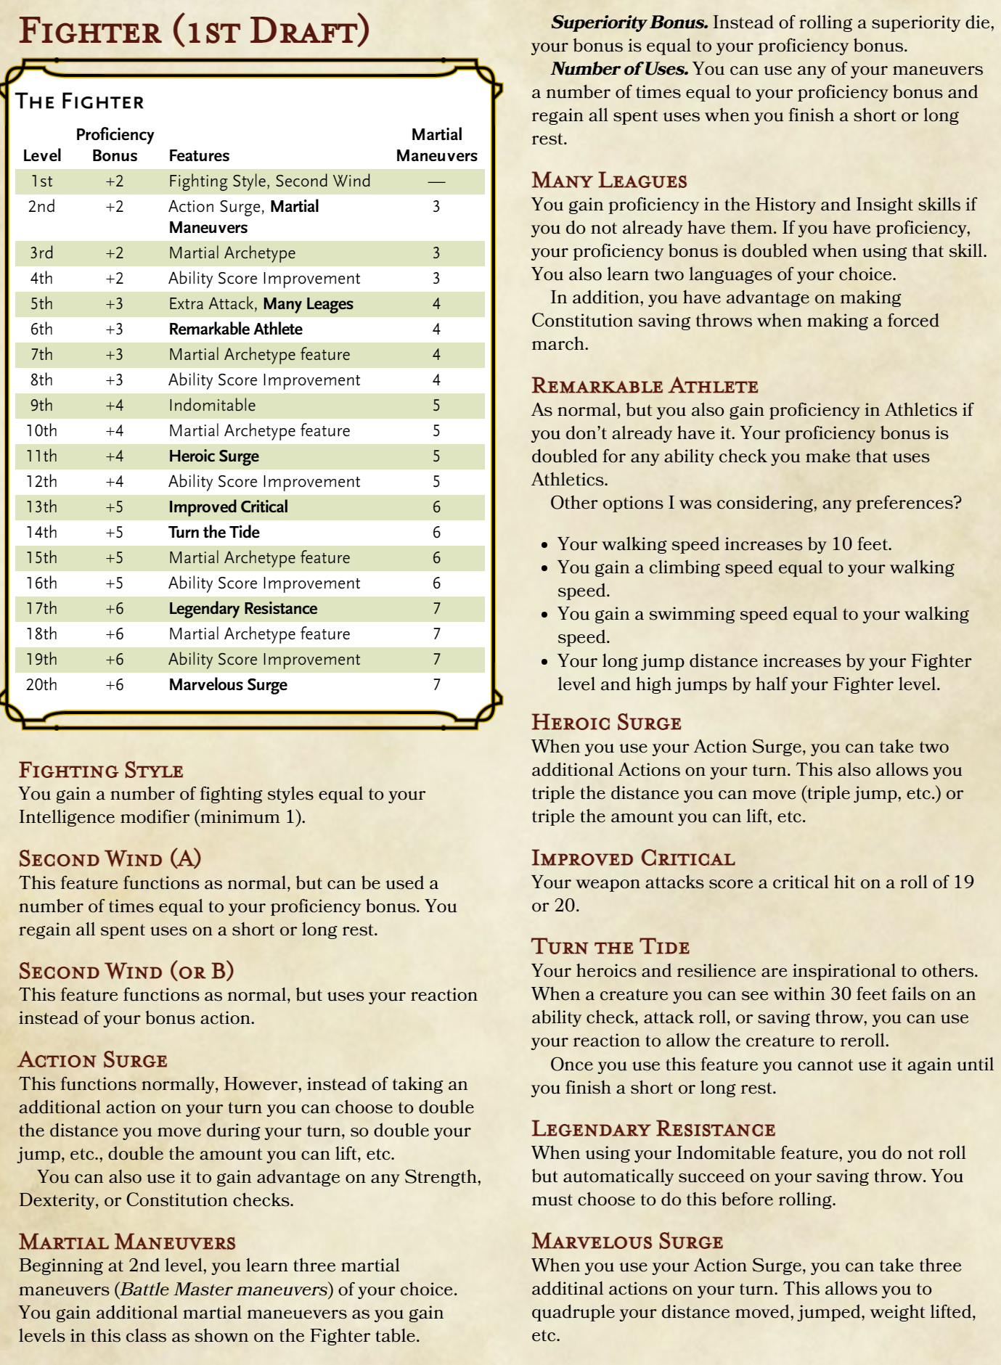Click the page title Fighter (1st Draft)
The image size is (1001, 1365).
pos(194,32)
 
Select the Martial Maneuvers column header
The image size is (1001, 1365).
pos(436,145)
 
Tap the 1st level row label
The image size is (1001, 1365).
pos(41,181)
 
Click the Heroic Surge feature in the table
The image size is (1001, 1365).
pos(213,456)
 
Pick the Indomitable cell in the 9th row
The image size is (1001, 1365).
pos(212,406)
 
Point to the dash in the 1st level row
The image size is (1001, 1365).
pos(436,181)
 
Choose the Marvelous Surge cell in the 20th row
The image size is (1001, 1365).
pos(228,685)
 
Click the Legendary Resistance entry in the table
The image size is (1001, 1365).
pos(242,609)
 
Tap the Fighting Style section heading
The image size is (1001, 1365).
pos(101,770)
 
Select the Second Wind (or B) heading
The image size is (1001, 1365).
pos(126,971)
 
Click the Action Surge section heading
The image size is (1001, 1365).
pos(93,1060)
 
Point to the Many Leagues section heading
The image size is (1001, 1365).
pos(609,181)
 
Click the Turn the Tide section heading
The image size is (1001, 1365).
pos(610,947)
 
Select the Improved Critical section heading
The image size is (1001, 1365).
pos(633,858)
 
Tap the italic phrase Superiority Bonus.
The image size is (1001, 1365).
pos(629,22)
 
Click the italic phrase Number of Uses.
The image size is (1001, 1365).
pos(619,69)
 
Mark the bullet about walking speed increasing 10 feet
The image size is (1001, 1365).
pos(724,544)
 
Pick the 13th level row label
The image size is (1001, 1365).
pos(41,507)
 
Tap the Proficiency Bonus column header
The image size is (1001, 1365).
pos(115,145)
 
